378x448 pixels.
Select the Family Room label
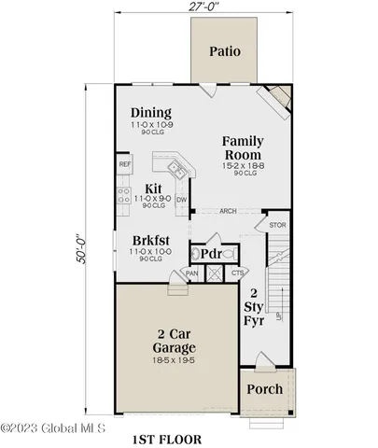(241, 147)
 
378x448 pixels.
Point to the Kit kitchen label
(153, 188)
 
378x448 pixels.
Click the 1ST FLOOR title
(169, 437)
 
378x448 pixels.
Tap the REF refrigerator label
(124, 164)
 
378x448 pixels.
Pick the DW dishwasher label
(182, 199)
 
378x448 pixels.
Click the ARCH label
(228, 211)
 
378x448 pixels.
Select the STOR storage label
(276, 225)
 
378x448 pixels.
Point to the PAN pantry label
(191, 273)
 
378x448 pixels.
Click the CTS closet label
(238, 273)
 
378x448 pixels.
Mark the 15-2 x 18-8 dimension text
(241, 165)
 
